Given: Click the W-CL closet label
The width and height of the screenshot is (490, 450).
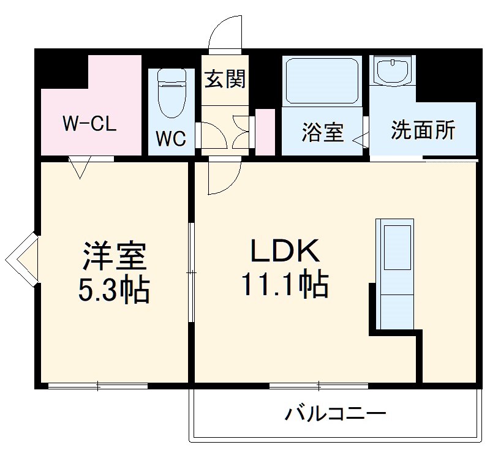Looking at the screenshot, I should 89,124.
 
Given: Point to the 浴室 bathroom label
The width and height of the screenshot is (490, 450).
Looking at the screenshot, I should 323,132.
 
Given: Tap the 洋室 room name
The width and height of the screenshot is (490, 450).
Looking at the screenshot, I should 115,257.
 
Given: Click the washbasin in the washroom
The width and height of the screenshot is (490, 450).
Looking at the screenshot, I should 391,72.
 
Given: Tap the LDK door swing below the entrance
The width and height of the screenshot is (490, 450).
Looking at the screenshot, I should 222,176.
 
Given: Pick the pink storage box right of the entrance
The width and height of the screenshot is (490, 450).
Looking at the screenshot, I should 264,131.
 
